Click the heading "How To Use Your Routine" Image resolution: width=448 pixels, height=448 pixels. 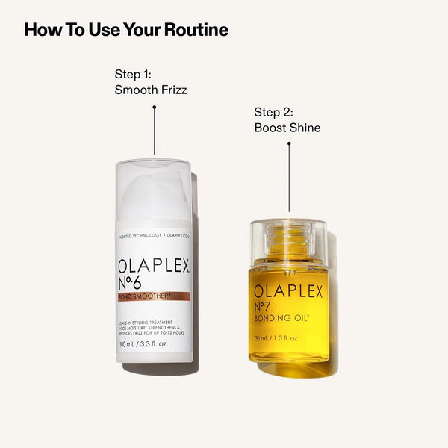point(126,30)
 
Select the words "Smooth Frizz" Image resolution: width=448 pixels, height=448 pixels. point(151,90)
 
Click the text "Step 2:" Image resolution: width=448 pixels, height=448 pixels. point(274,112)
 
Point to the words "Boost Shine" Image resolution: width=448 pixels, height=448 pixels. point(287,128)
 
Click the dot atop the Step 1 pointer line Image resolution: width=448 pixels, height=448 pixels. point(154,107)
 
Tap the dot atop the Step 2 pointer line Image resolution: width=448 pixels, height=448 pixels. point(289,144)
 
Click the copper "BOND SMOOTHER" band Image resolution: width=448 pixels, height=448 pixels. point(153,296)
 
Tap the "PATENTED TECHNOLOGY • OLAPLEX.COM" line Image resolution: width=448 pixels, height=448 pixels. point(154,236)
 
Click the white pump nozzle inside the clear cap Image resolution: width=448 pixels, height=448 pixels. point(154,190)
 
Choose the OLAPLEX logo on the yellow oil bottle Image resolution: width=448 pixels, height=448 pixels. point(289,291)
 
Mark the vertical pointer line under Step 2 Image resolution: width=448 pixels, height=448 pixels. point(289,179)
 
